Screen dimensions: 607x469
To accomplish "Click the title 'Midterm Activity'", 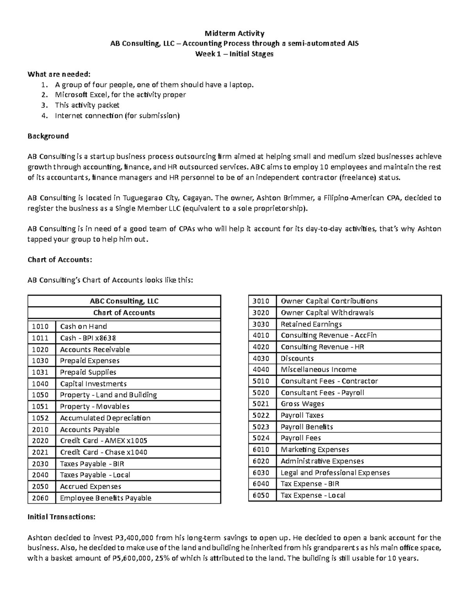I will pos(234,33).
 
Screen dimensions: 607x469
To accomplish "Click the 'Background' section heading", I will pos(48,136).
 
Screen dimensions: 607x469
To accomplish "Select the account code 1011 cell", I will pos(40,338).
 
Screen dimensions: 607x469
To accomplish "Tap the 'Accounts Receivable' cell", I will pos(95,349).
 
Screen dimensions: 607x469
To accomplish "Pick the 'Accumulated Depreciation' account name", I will pos(105,418).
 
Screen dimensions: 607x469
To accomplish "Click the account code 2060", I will pos(40,498).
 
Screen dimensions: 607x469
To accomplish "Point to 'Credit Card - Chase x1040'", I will pos(104,452).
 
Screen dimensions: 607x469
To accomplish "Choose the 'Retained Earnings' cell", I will pos(311,324).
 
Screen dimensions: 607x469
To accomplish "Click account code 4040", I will pos(261,370).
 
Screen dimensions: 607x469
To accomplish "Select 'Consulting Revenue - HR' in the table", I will pos(322,347).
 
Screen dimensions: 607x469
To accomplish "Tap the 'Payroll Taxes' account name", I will pos(302,415).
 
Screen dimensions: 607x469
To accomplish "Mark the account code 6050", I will pos(261,495).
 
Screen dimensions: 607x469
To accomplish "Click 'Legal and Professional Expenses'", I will pos(335,473).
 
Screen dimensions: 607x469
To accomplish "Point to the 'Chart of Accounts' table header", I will pos(124,313).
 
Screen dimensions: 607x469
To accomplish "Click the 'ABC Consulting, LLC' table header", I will pos(124,301).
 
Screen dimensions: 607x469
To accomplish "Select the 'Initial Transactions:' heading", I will pos(61,517).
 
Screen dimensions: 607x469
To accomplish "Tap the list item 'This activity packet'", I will pos(87,105).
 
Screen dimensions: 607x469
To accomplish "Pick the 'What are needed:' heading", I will pos(59,74).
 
